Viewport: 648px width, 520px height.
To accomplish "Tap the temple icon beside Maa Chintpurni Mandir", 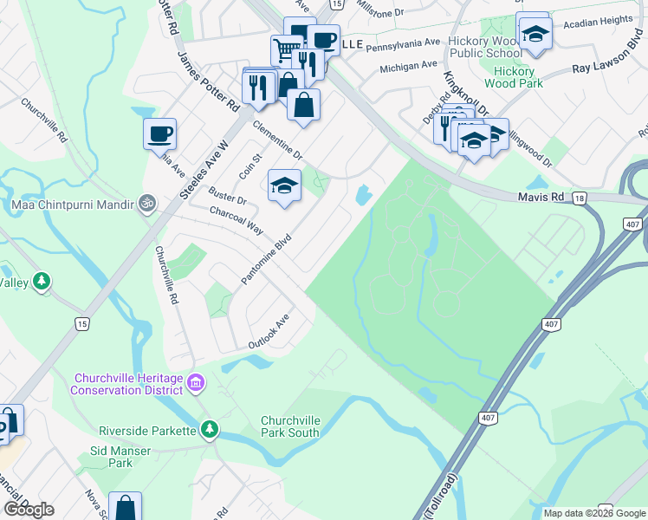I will tap(147, 204).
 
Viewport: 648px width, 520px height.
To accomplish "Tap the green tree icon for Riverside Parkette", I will tap(209, 428).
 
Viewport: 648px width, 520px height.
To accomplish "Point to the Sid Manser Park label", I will tap(120, 457).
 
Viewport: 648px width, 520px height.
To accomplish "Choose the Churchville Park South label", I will tap(291, 426).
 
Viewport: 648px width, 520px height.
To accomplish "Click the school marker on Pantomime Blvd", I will tap(284, 185).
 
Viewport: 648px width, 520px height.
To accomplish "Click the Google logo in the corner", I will tap(29, 510).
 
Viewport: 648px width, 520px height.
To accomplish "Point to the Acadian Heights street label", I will tap(599, 20).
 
